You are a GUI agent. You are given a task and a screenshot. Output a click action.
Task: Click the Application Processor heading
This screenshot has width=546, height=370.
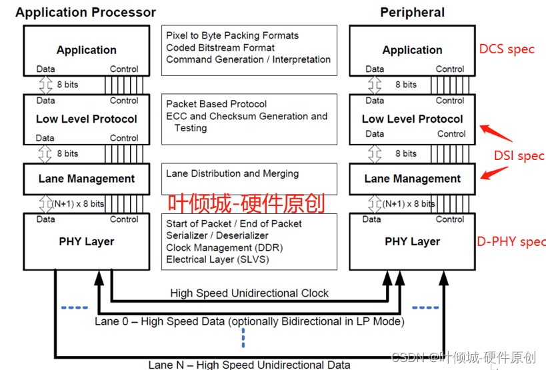tap(85, 12)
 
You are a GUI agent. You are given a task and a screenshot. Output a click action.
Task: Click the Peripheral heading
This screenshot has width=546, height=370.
tap(412, 12)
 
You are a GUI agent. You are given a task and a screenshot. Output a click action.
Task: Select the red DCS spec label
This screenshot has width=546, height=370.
tap(507, 49)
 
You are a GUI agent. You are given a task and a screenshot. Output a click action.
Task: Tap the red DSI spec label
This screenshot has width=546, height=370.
tap(519, 156)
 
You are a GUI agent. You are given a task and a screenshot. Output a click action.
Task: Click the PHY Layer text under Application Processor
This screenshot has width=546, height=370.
tap(86, 241)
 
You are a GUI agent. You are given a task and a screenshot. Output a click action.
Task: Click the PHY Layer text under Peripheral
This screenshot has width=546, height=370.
tap(412, 241)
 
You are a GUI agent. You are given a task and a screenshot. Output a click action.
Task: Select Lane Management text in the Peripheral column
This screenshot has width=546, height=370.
tap(412, 179)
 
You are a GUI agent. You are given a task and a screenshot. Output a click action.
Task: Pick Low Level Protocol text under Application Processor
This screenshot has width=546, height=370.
tap(86, 119)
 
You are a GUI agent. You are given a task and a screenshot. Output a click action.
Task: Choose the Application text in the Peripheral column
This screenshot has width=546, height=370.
tap(412, 50)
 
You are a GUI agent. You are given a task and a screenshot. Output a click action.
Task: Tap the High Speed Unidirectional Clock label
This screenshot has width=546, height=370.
tap(249, 293)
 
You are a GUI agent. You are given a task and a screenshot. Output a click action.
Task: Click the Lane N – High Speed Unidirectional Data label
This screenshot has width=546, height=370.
tap(249, 364)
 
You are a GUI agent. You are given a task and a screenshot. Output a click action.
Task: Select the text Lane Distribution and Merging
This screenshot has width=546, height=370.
tap(232, 173)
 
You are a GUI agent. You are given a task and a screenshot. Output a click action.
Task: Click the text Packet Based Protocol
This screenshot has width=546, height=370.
tap(216, 104)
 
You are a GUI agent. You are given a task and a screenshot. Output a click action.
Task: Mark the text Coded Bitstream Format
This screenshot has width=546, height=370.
tap(220, 47)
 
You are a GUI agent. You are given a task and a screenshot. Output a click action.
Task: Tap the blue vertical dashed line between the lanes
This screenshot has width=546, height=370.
tap(243, 339)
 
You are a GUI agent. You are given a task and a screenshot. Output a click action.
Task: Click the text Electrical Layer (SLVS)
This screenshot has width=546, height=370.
tap(217, 259)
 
